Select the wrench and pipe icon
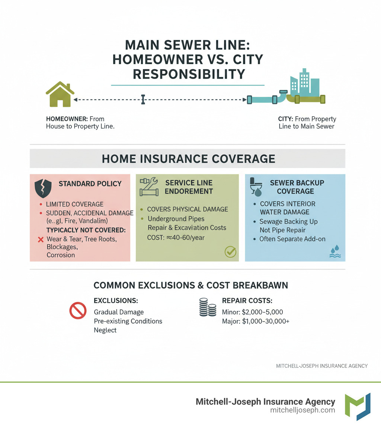(148, 187)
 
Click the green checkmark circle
(230, 252)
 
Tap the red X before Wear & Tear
(41, 240)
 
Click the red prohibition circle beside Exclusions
(78, 311)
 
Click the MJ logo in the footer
(358, 406)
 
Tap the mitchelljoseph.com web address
(302, 410)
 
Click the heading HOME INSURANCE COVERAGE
(188, 159)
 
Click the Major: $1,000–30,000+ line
(256, 321)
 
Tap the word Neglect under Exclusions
(105, 330)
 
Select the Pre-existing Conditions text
(128, 321)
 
